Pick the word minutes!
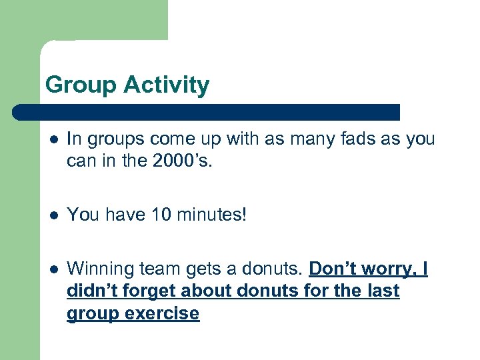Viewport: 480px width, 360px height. pyautogui.click(x=211, y=215)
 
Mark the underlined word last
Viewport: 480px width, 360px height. pyautogui.click(x=383, y=291)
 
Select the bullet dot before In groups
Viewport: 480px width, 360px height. pyautogui.click(x=53, y=139)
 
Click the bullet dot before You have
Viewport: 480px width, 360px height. pyautogui.click(x=53, y=215)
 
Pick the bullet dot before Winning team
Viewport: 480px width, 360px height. pyautogui.click(x=53, y=269)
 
